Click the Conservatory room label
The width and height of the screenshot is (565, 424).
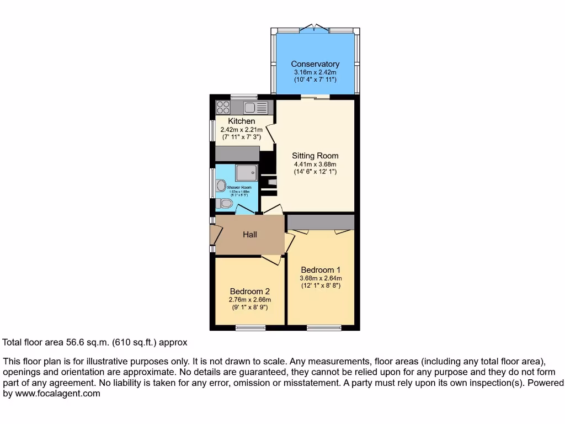(315, 64)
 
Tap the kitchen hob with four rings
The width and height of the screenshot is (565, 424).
(223, 107)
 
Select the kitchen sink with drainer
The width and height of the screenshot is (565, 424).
(255, 107)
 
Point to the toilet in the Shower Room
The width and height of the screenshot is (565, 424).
(225, 204)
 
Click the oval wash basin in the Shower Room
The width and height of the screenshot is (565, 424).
(221, 185)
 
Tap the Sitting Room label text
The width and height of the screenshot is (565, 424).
(315, 156)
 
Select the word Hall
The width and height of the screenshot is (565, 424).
(250, 235)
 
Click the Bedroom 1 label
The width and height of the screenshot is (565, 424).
(321, 270)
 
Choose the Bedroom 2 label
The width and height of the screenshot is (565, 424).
(249, 291)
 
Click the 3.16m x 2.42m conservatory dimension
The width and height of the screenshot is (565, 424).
(315, 72)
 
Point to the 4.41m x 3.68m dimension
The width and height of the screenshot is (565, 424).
(315, 164)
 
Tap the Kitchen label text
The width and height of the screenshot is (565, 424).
(242, 121)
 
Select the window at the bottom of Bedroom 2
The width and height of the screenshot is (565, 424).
(250, 328)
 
